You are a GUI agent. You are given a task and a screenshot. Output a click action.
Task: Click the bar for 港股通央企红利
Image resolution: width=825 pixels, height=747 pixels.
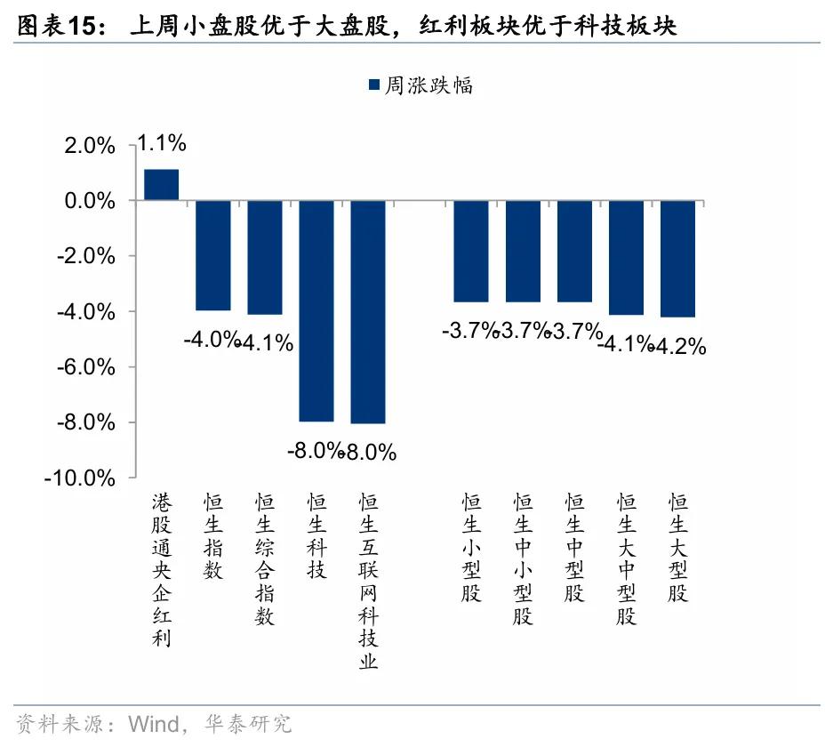click(x=161, y=185)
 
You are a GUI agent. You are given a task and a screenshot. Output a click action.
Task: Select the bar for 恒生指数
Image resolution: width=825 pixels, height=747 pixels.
click(x=212, y=255)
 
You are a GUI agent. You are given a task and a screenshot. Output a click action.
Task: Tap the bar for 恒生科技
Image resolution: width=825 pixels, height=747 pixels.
click(x=316, y=310)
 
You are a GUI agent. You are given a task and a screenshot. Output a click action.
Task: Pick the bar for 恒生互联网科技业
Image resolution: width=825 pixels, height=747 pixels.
click(x=368, y=311)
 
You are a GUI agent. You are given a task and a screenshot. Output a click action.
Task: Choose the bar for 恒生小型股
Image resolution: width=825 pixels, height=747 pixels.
click(x=471, y=251)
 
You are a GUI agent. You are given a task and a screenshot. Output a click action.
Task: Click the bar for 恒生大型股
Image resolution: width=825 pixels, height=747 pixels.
click(x=677, y=258)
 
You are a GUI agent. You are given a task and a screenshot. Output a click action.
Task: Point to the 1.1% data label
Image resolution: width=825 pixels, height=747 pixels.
click(x=161, y=142)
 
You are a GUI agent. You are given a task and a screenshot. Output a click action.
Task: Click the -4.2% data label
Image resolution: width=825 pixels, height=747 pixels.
click(x=680, y=346)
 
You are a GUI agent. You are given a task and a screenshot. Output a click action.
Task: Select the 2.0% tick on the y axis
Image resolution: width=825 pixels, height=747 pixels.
click(x=89, y=147)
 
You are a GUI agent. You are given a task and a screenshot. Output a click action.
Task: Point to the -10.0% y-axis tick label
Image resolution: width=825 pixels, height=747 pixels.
click(x=80, y=478)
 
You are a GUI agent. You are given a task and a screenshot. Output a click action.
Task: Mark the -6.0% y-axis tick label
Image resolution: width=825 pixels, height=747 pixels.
click(x=84, y=367)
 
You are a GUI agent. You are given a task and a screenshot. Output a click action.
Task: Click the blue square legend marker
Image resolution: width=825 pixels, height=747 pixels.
click(x=372, y=85)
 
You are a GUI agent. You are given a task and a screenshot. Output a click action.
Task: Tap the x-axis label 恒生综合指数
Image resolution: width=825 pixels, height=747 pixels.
click(x=264, y=560)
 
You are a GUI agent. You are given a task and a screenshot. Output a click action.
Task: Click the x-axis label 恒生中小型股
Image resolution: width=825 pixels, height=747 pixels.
click(x=523, y=560)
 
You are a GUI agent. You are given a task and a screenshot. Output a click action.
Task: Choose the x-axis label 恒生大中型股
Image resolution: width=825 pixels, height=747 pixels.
click(x=627, y=560)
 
